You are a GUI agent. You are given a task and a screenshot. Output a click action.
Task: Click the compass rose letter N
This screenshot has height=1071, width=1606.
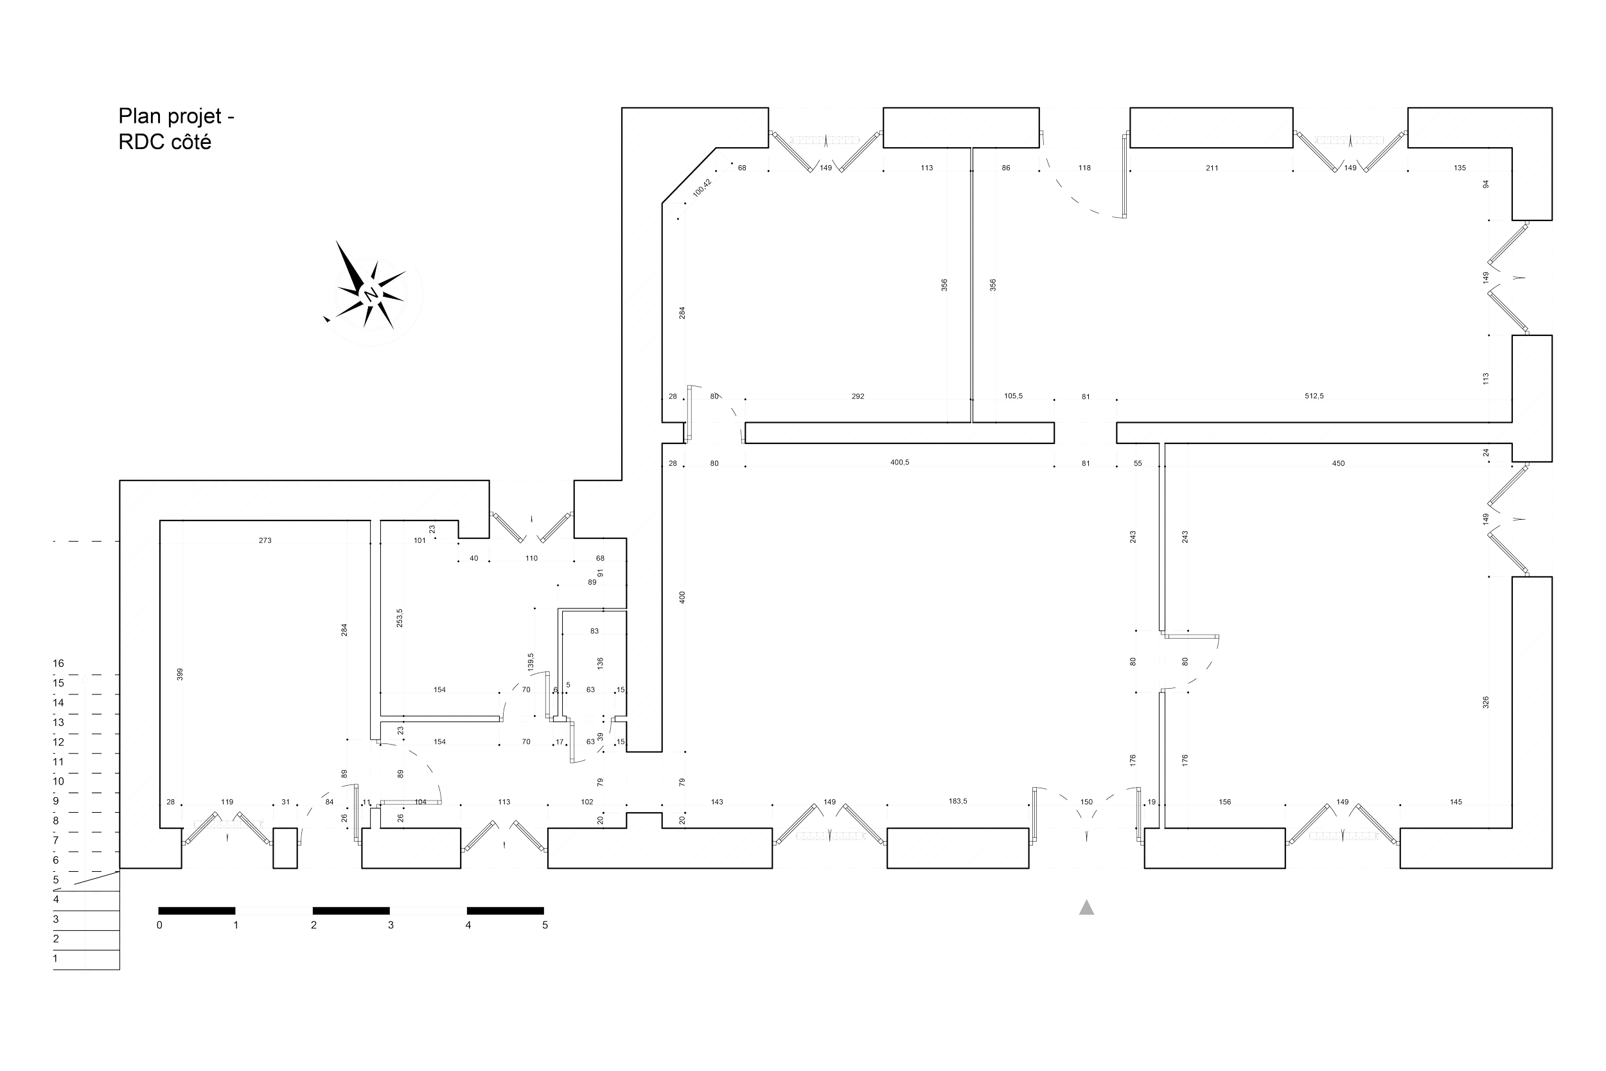point(371,294)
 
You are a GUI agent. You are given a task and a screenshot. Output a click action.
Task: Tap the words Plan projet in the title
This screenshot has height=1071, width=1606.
point(171,116)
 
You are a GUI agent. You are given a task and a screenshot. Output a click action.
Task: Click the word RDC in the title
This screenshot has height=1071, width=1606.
point(138,142)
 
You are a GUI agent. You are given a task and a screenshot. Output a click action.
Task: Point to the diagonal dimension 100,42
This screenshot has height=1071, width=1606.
point(702,187)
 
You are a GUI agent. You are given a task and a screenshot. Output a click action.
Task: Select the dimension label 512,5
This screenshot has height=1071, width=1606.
point(1314,396)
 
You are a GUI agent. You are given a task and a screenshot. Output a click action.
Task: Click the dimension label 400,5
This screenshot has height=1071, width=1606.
point(900,463)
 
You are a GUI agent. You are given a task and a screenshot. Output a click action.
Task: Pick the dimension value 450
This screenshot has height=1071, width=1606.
point(1338,463)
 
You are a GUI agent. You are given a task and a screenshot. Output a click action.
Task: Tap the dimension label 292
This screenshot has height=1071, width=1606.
point(858,396)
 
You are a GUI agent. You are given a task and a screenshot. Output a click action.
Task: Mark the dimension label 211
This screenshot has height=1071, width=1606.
point(1212,168)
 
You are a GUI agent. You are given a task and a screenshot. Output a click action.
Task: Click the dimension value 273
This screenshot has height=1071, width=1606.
point(265,540)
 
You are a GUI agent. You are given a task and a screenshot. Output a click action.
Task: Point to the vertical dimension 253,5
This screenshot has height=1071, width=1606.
point(400,617)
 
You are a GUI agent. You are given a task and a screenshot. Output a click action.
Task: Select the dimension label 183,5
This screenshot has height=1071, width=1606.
point(958,801)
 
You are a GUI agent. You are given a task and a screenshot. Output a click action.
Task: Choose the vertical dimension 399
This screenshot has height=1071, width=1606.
point(181,674)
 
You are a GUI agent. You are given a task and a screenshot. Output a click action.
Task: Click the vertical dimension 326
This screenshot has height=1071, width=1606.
point(1486,702)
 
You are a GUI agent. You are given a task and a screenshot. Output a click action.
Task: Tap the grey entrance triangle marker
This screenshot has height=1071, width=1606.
point(1086,907)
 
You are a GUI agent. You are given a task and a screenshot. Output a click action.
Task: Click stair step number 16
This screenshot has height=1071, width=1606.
point(58,663)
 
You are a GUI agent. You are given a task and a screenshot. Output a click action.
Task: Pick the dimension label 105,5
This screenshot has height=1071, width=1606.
point(1013,396)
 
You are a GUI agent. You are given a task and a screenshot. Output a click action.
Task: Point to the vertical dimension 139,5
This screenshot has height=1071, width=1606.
point(531,662)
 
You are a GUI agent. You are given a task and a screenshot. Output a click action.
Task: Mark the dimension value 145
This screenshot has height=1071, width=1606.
point(1456,802)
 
